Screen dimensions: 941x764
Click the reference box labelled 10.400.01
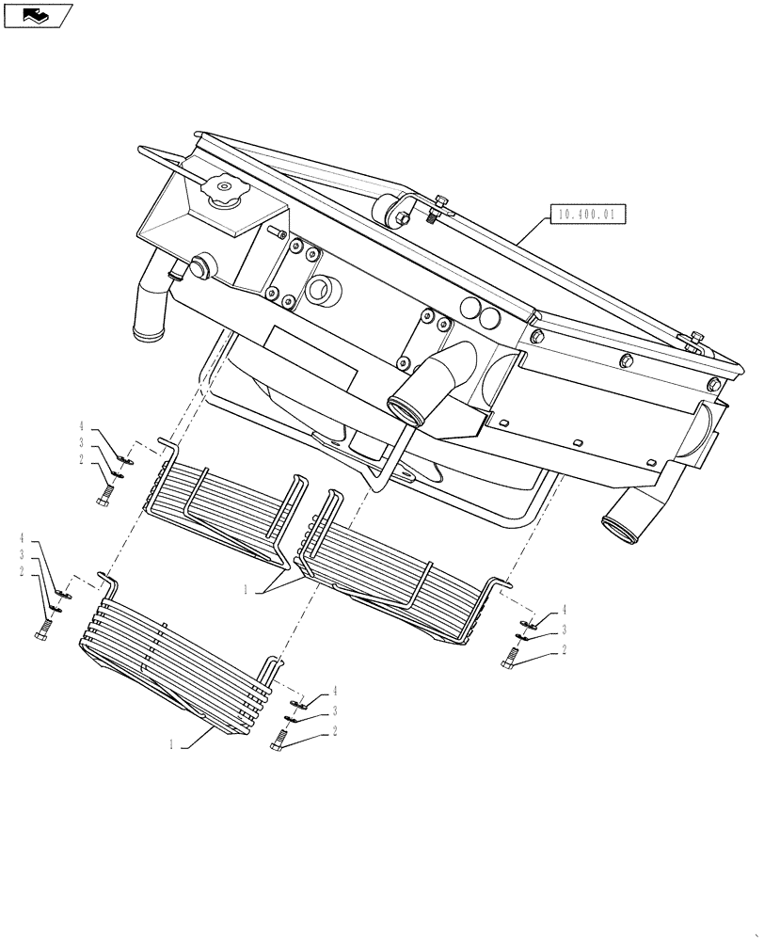[x=585, y=215]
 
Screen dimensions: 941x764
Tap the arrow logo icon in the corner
[x=37, y=15]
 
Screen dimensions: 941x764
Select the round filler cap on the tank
[x=226, y=195]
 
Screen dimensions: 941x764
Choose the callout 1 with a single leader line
[x=172, y=744]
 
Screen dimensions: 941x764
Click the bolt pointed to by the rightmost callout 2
[x=512, y=659]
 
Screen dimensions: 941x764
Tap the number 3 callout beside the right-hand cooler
[x=564, y=630]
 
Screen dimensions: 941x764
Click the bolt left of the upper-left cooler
[x=105, y=492]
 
